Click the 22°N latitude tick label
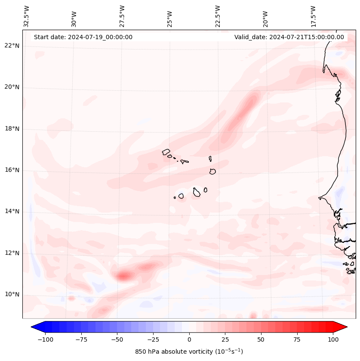[12, 46]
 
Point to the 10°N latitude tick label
[12, 295]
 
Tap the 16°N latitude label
[12, 170]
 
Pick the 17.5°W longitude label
[313, 15]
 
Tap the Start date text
[83, 37]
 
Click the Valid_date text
[289, 37]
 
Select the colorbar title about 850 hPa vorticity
[189, 352]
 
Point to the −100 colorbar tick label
[45, 339]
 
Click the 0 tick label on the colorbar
[189, 339]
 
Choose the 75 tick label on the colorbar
[297, 339]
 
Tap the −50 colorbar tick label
[117, 339]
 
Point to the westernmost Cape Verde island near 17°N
[166, 152]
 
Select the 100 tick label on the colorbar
[333, 339]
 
